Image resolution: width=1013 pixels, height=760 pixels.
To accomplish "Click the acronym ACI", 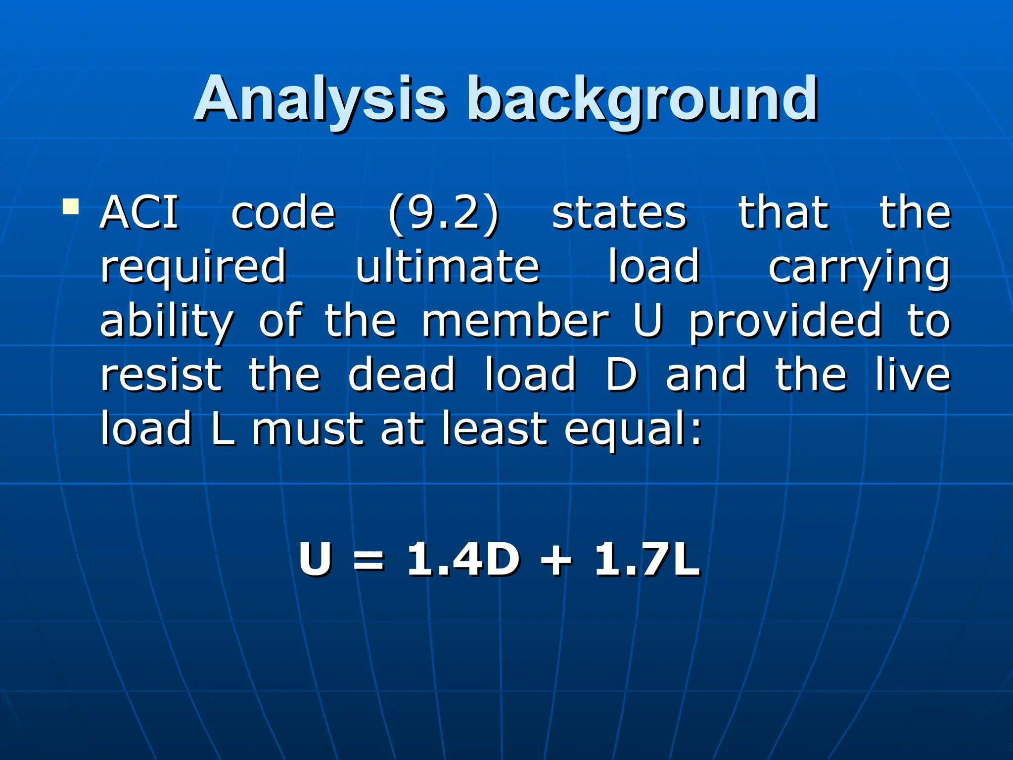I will click(x=139, y=213).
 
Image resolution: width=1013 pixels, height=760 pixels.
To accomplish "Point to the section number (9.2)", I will click(x=444, y=214).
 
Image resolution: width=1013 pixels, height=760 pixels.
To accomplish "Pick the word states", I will click(x=619, y=214).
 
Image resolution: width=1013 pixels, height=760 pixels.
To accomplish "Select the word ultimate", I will click(x=448, y=267).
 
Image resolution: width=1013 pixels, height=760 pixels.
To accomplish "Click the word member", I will click(x=515, y=322).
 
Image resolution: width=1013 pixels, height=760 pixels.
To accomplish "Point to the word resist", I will click(x=161, y=375).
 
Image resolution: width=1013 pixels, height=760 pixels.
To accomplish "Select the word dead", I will click(x=401, y=375).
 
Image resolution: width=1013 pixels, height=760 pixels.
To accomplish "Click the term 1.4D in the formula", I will click(x=463, y=559).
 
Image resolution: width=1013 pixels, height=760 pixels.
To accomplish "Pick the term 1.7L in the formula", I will click(x=647, y=559).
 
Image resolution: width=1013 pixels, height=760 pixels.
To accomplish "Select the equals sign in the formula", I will click(x=368, y=561).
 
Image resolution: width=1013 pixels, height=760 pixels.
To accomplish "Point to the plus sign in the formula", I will click(x=556, y=561).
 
